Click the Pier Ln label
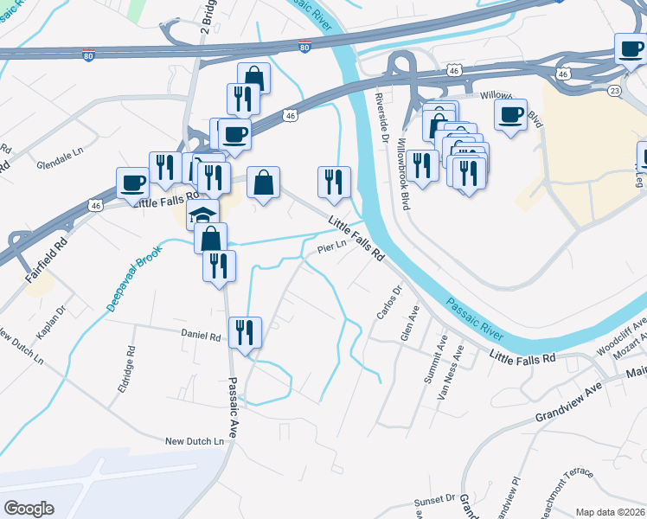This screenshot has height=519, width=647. [x=331, y=247]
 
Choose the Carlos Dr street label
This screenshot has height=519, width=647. [x=389, y=302]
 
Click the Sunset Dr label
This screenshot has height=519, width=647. [x=434, y=500]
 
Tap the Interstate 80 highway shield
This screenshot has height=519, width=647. [x=304, y=45]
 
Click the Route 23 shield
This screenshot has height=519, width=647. [x=613, y=90]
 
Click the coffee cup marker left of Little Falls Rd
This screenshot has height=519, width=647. [x=133, y=183]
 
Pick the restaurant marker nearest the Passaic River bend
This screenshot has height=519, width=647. [x=334, y=183]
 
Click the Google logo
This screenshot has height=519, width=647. [x=29, y=509]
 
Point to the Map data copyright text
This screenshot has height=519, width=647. [x=609, y=512]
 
